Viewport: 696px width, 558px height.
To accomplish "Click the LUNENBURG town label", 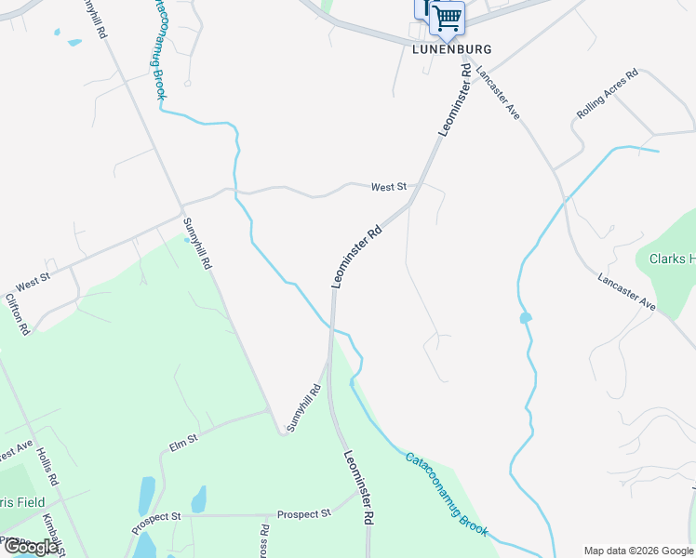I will (x=451, y=48).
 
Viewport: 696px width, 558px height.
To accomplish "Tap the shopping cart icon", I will (x=448, y=17).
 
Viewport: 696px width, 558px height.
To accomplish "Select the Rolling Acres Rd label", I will (x=607, y=93).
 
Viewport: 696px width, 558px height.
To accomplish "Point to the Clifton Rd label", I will (x=18, y=313).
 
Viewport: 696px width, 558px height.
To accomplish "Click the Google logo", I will (x=31, y=547).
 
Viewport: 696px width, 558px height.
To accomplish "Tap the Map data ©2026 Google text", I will (x=638, y=551).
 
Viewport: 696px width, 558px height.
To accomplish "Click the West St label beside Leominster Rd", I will (x=389, y=187).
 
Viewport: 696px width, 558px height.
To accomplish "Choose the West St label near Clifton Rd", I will (x=32, y=277).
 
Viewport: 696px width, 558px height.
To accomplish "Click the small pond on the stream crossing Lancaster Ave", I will (x=526, y=318).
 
